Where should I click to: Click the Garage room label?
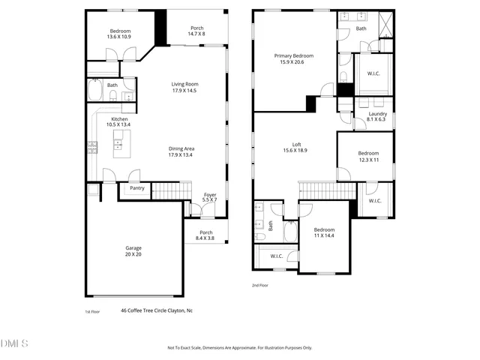[133, 251]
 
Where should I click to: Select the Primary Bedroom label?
[293, 59]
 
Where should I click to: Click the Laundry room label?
[377, 117]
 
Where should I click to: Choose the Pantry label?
[136, 188]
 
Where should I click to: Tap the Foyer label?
[210, 198]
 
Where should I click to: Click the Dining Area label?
[181, 151]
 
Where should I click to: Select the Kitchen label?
[121, 122]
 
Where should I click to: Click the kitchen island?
[121, 142]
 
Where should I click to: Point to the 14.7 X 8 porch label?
[196, 31]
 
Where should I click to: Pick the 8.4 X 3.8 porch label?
[204, 235]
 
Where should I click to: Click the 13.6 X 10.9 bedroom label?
[120, 34]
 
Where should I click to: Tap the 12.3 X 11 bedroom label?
[368, 156]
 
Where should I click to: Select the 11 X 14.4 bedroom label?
[323, 232]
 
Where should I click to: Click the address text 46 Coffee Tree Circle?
[157, 310]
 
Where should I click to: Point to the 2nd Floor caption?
[259, 285]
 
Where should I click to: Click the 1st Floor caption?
[91, 310]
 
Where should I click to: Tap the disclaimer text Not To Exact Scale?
[240, 348]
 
